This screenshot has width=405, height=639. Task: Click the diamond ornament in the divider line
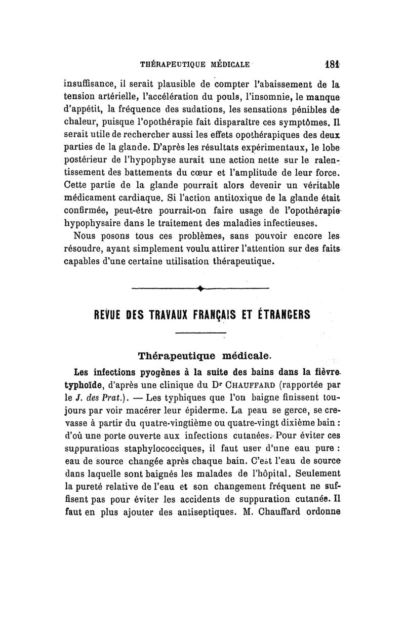[x=200, y=289]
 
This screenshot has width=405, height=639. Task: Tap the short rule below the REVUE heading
[x=200, y=333]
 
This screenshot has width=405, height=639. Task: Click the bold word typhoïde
[x=85, y=377]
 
